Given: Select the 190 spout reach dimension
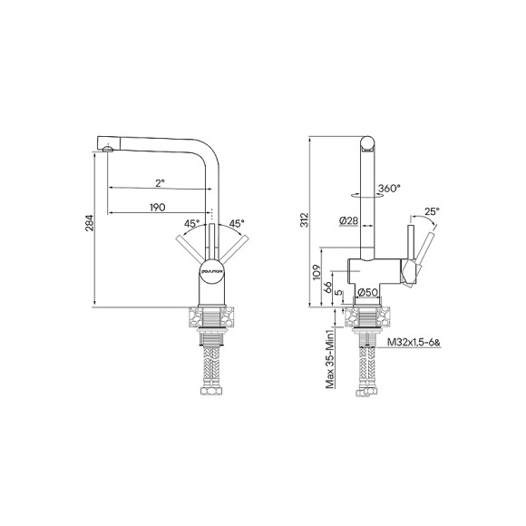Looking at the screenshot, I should coord(158,208).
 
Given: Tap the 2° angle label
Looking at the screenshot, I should coord(159,183).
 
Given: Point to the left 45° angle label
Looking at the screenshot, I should coord(191,223).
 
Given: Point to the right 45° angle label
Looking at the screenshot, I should coord(236,223).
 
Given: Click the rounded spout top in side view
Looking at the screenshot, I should coord(368,141).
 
